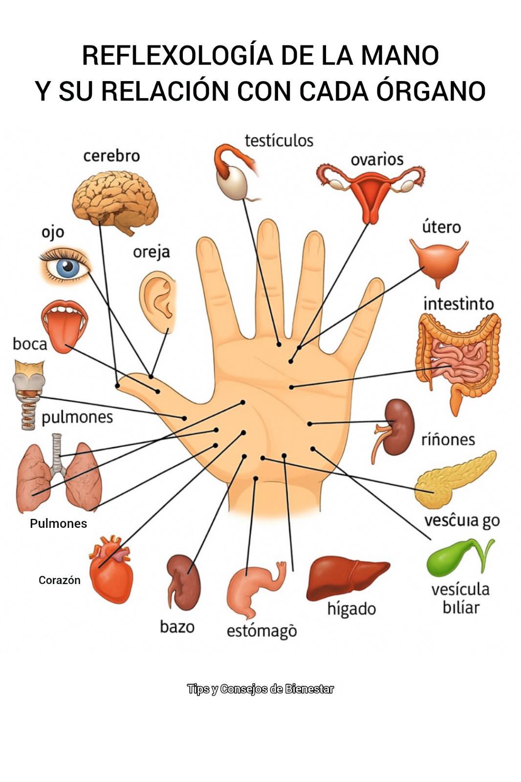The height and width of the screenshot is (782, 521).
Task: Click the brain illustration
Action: tap(115, 200)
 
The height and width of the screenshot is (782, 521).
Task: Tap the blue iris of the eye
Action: tap(66, 267)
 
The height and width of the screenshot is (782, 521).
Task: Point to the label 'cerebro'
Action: tap(111, 156)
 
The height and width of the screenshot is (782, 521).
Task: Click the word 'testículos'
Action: tap(279, 141)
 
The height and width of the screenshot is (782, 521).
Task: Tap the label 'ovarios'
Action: tap(377, 159)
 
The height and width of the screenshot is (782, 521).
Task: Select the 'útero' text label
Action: tap(441, 227)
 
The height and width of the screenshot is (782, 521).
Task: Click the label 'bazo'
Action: tap(177, 626)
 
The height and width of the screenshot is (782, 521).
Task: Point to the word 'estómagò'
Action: tap(261, 631)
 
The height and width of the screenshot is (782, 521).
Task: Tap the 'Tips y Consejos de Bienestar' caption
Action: tap(260, 689)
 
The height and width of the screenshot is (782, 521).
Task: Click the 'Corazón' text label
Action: tap(59, 581)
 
